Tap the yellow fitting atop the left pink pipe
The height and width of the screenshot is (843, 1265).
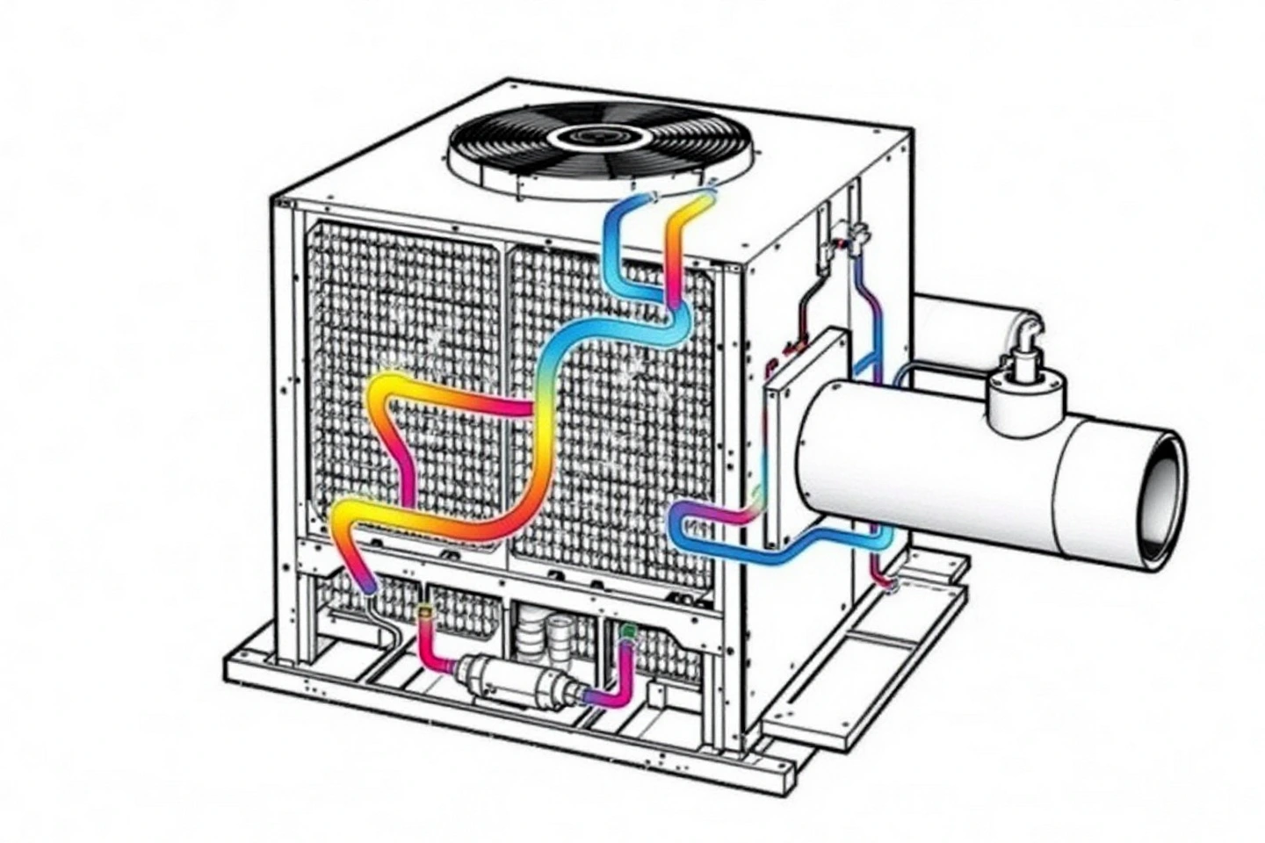[x=425, y=612]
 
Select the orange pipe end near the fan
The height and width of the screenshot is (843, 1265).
[x=703, y=200]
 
